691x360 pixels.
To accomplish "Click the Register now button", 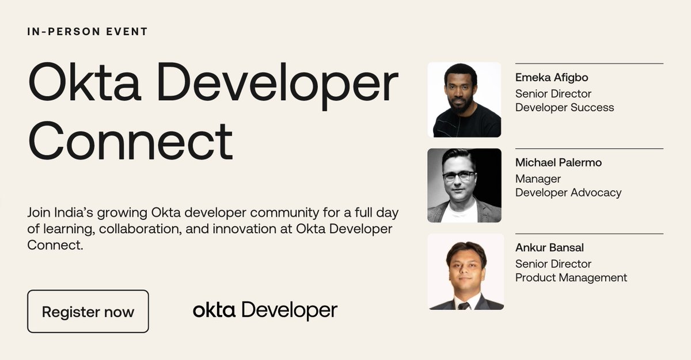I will tap(88, 312).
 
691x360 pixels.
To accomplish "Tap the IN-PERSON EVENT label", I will tap(88, 31).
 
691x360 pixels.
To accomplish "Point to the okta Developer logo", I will tap(265, 310).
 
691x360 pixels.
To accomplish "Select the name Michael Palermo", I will tap(559, 162).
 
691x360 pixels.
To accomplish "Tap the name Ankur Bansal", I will tap(549, 248).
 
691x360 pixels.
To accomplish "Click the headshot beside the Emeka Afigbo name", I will tap(464, 100).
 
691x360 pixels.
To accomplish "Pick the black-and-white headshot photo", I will tap(464, 185).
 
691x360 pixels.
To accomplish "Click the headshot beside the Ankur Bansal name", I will tap(465, 271).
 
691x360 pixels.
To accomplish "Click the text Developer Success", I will tap(564, 108).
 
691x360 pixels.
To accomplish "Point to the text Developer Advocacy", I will tap(568, 193).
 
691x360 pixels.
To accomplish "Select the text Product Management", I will tap(571, 278).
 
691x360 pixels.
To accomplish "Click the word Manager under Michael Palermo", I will tap(538, 179).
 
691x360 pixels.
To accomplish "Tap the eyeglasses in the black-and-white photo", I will tap(459, 175).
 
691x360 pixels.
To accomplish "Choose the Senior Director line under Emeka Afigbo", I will tap(553, 93).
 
